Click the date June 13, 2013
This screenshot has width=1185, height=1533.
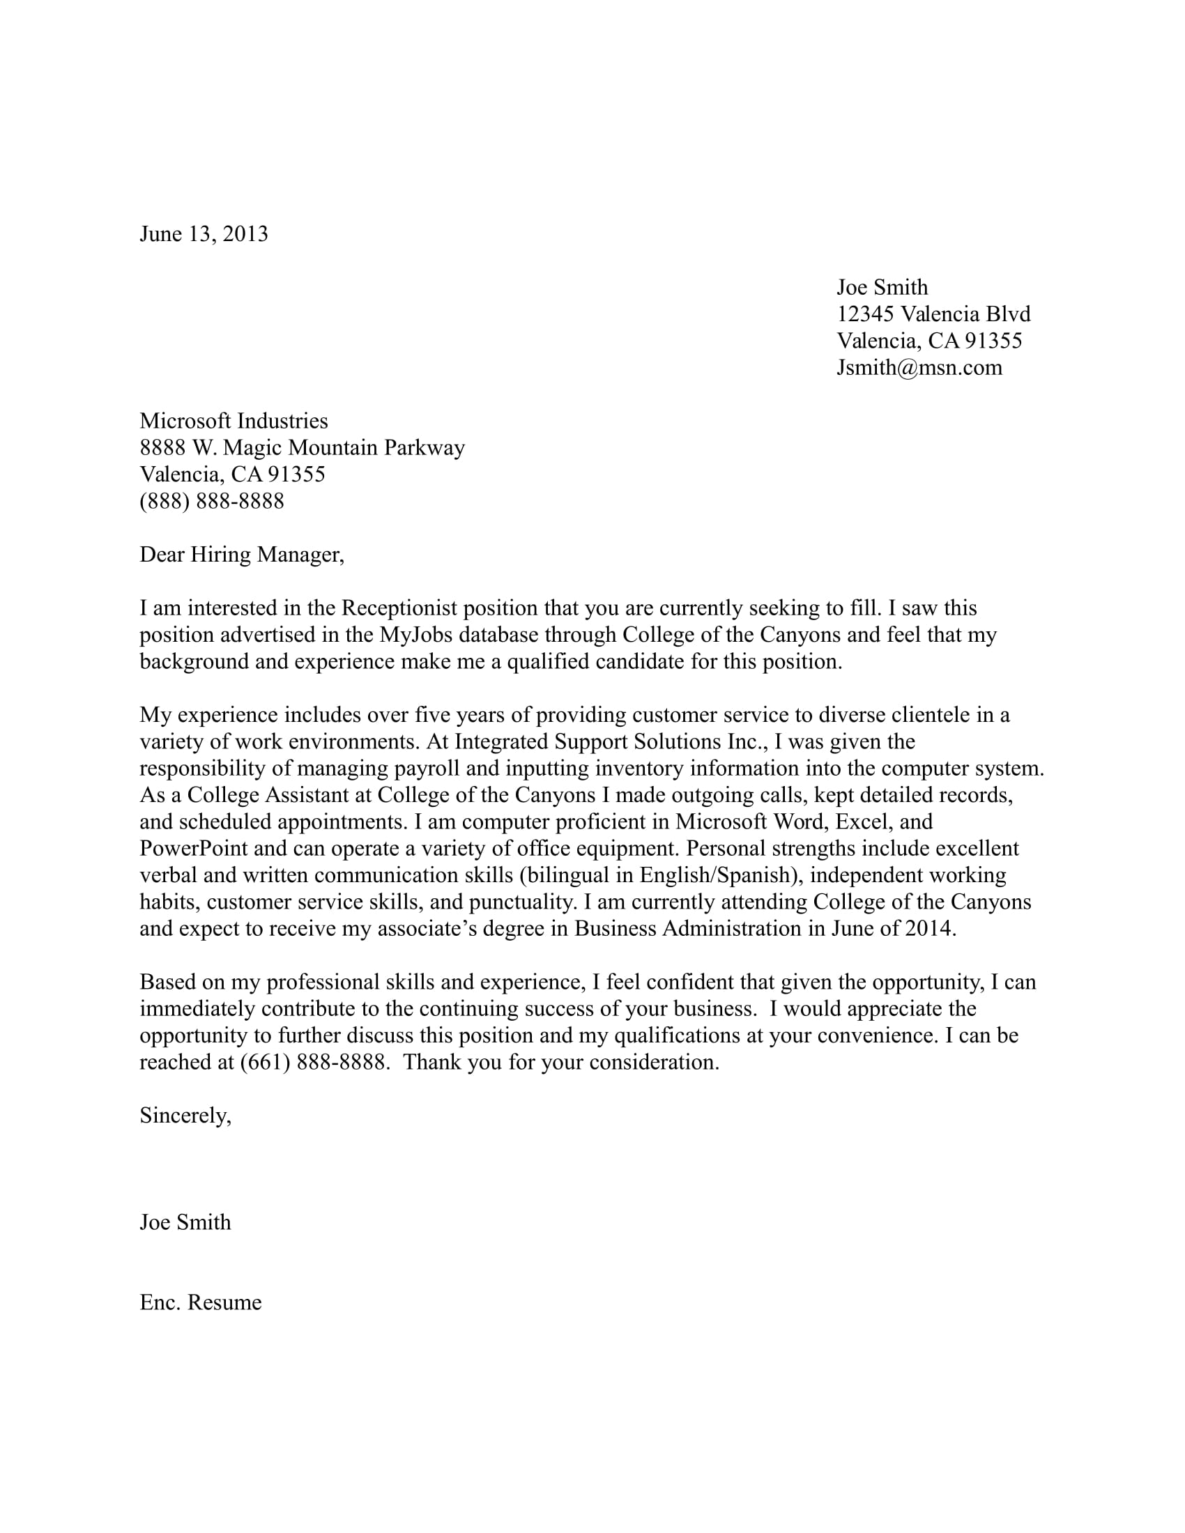[204, 233]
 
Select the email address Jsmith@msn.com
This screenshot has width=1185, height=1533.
[919, 368]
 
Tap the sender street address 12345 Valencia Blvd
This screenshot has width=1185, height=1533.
[933, 314]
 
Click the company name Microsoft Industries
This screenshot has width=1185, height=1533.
[234, 421]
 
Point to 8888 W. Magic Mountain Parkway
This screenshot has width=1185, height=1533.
[302, 448]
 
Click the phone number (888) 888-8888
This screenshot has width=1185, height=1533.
[211, 501]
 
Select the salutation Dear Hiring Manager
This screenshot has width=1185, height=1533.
[241, 555]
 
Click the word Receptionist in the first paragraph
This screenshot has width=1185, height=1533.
[399, 608]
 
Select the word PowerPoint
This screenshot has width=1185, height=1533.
[194, 849]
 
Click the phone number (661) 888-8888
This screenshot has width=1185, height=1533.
[312, 1062]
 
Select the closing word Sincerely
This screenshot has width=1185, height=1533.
[185, 1116]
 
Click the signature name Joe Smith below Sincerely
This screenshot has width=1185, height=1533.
[185, 1222]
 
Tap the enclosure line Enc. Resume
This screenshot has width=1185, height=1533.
[201, 1302]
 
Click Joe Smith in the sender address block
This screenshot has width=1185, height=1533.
[882, 287]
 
